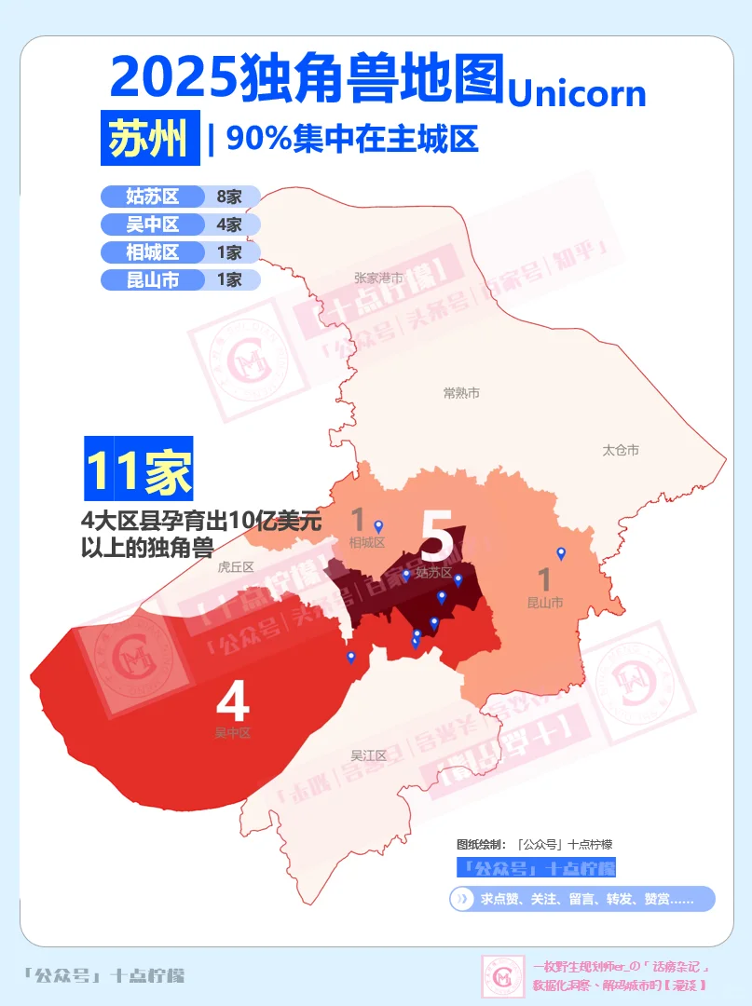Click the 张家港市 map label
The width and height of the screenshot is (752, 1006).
coord(378,278)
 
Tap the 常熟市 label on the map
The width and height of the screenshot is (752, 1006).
coord(461,393)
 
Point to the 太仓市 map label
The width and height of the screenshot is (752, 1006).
coord(621,450)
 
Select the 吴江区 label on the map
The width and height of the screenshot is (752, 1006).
coord(368,755)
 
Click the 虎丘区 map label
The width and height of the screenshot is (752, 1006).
coord(235,566)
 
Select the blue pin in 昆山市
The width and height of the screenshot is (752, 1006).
coord(561,552)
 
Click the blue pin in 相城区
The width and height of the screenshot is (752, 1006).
coord(378,526)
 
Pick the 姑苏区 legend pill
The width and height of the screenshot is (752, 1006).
coord(153,197)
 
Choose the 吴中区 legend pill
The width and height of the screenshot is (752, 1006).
coord(153,224)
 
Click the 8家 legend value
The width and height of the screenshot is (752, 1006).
coord(229,197)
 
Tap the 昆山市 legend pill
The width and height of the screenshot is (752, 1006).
coord(153,279)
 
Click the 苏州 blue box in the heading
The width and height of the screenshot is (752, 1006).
coord(149,140)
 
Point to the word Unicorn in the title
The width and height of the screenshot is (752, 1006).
coord(577,93)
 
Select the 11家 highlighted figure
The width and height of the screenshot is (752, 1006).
coord(139,468)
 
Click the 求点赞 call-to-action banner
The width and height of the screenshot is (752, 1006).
coord(582,899)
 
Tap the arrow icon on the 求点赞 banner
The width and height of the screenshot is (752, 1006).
coord(461,899)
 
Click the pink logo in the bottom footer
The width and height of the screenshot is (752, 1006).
coord(502,976)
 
